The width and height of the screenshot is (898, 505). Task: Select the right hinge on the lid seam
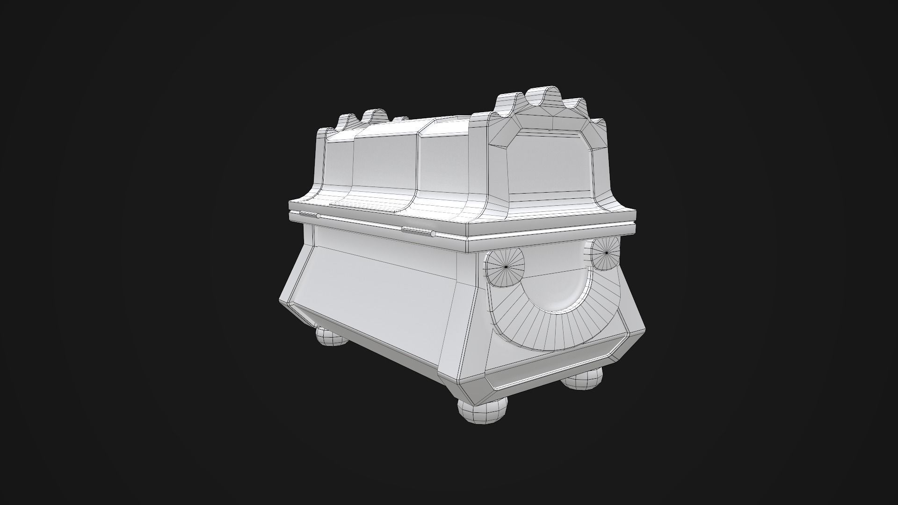coord(418,231)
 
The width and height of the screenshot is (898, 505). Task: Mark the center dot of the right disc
coord(607,253)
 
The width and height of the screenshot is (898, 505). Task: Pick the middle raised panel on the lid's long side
coord(384,161)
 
